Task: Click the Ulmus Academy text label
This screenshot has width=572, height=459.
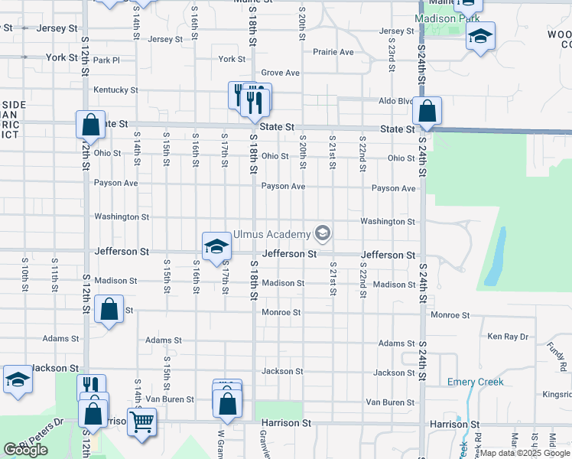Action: [272, 234]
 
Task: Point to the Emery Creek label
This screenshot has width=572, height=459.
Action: [475, 382]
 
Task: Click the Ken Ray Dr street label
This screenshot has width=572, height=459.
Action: [508, 337]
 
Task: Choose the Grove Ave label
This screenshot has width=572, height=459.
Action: [280, 73]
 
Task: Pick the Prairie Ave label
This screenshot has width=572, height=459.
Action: [333, 52]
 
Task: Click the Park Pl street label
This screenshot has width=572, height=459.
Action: [106, 60]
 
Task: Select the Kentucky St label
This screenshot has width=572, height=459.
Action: [115, 90]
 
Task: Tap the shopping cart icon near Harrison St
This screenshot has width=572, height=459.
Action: [141, 420]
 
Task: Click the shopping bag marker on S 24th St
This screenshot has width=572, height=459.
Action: [427, 112]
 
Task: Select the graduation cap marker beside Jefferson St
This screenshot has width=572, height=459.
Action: [216, 246]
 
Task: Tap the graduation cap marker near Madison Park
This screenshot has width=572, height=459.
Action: [480, 35]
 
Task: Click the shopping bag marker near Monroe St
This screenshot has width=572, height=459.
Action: [109, 310]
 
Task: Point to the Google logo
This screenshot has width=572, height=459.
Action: [25, 450]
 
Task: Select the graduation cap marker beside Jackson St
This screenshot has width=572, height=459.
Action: [17, 379]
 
